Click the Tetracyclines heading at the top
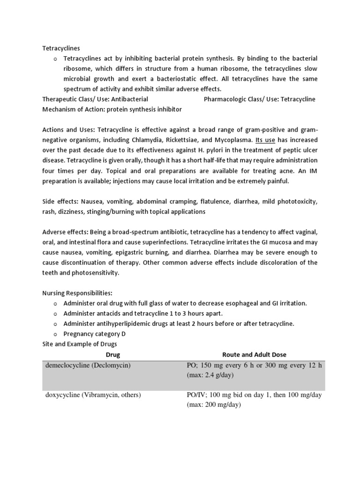pos(61,48)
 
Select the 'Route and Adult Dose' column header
pos(254,355)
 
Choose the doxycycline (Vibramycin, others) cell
pos(93,395)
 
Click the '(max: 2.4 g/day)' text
pos(210,375)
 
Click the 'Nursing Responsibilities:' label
pos(77,293)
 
